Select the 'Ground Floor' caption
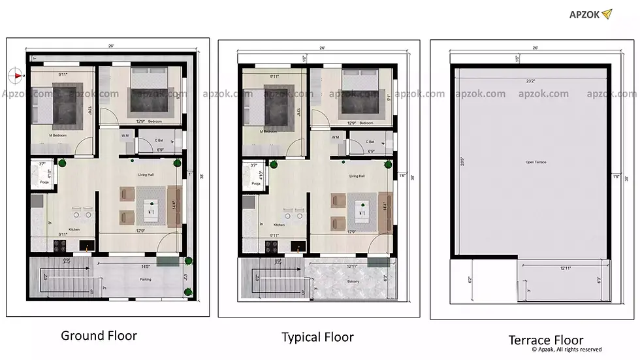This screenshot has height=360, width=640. pyautogui.click(x=99, y=336)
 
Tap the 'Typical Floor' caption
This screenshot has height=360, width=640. pyautogui.click(x=317, y=337)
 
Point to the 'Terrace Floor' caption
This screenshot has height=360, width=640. pyautogui.click(x=546, y=340)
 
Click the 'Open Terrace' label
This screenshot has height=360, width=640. pyautogui.click(x=535, y=161)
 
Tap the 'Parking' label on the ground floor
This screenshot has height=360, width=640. pyautogui.click(x=145, y=279)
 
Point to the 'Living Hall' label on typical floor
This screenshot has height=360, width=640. pyautogui.click(x=357, y=176)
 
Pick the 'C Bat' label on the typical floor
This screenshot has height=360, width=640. pyautogui.click(x=370, y=142)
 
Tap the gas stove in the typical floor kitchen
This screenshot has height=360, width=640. pyautogui.click(x=271, y=247)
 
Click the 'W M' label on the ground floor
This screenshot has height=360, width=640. pyautogui.click(x=125, y=136)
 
